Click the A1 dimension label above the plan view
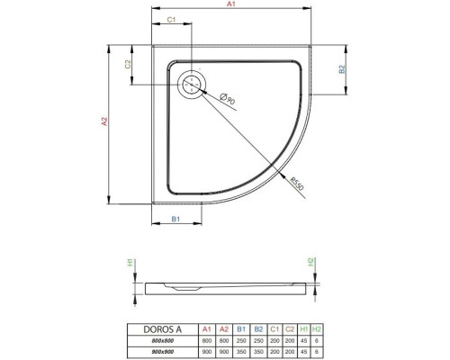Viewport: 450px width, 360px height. coord(230,5)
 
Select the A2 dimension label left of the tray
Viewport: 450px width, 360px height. coord(104,121)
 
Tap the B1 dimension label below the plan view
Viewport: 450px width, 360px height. coord(176,219)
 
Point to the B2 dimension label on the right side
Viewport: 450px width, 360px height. coord(342,69)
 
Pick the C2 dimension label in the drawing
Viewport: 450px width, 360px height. coord(130,65)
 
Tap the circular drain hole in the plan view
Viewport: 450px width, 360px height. coord(192,85)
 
